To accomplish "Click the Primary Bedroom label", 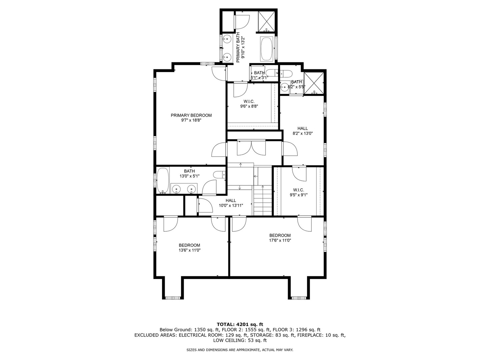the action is (x=191, y=115).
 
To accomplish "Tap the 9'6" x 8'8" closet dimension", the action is (x=249, y=106).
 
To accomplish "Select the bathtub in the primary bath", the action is (x=266, y=49).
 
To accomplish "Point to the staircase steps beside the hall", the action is (x=262, y=200).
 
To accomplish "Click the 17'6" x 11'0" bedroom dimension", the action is (x=280, y=240).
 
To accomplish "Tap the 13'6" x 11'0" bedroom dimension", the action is (x=189, y=250).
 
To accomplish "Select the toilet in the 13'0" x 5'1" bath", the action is (x=219, y=175).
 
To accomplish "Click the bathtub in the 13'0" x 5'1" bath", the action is (x=163, y=180).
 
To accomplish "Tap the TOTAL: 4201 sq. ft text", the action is (x=240, y=324).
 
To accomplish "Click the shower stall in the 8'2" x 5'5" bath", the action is (x=314, y=83).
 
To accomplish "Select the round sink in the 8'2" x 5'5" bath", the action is (x=285, y=87).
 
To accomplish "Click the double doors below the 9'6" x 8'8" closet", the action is (x=251, y=148).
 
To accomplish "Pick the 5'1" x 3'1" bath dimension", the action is (x=259, y=77).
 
